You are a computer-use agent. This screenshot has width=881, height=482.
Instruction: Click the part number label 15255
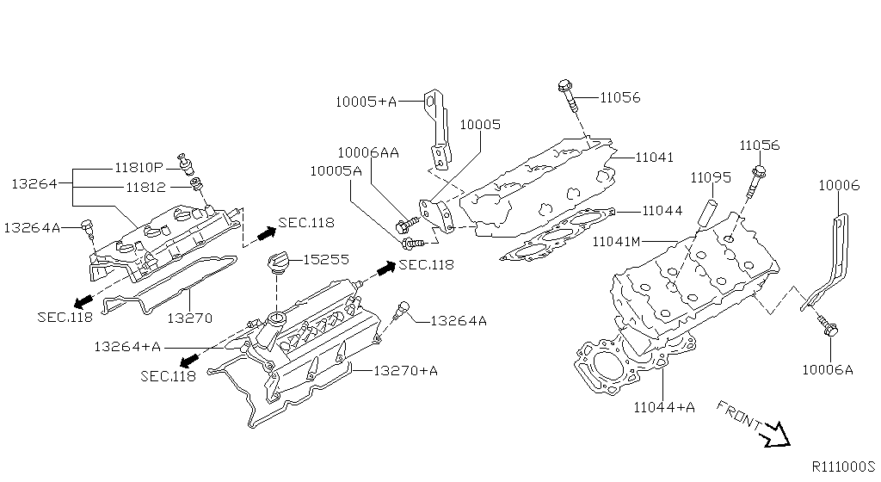click(x=325, y=258)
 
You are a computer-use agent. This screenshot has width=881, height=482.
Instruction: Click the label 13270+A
click(x=405, y=371)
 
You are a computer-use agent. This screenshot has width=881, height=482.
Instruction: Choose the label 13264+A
click(x=127, y=346)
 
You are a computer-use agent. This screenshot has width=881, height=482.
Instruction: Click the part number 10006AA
click(x=367, y=152)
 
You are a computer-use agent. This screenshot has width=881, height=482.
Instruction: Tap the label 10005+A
click(x=366, y=102)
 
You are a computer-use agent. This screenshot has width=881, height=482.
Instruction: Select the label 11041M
click(x=616, y=242)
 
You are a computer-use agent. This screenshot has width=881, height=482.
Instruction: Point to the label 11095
click(x=710, y=177)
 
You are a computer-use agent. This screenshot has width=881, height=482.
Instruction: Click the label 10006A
click(x=827, y=369)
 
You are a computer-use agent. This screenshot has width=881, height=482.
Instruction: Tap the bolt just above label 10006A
click(x=830, y=328)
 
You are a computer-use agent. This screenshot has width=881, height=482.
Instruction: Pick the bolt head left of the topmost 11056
click(x=564, y=86)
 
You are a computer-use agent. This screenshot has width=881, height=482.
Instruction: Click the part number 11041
click(x=655, y=158)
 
